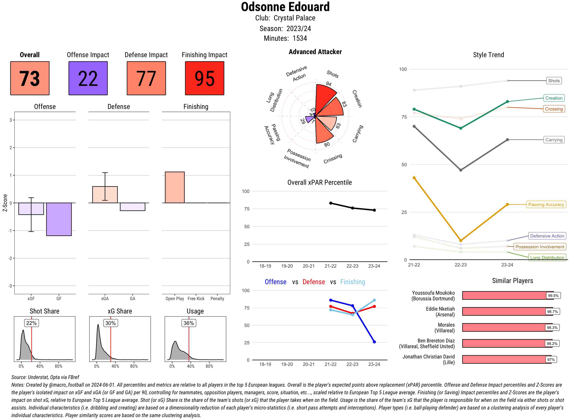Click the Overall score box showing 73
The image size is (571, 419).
pos(30,78)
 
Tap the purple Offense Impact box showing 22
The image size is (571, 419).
pos(88,78)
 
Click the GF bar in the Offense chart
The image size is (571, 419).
pos(59,219)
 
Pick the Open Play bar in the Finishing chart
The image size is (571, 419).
pos(175,187)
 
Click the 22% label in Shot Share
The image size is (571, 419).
pos(31,323)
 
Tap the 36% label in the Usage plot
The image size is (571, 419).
pos(189,323)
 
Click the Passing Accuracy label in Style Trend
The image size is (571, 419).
pos(546,204)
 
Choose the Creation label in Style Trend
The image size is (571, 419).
pos(554,98)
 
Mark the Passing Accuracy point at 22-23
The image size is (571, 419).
pos(460,240)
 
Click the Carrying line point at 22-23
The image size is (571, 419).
pos(460,170)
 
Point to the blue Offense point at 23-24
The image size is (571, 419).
pos(374,342)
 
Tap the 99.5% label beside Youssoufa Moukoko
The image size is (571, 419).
pos(553,295)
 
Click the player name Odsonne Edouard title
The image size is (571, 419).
pos(285,7)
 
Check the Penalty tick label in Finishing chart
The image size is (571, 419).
pos(217,298)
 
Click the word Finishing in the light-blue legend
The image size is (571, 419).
pos(352,282)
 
